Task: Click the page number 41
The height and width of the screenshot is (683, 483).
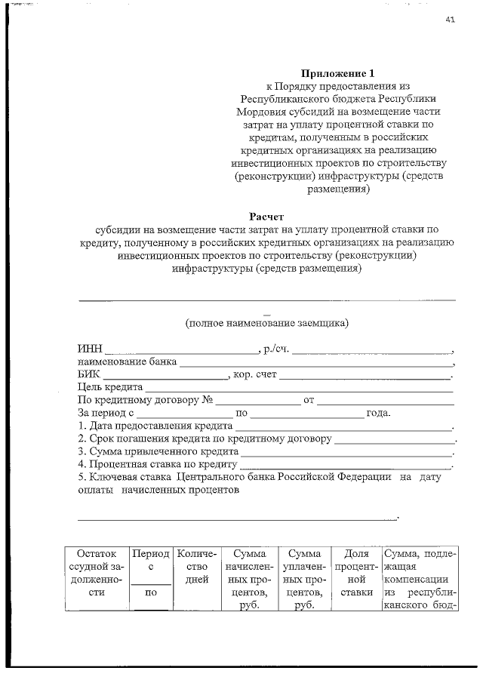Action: pyautogui.click(x=450, y=21)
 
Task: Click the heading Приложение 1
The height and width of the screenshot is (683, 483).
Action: pyautogui.click(x=337, y=74)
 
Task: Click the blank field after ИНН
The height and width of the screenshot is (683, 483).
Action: pyautogui.click(x=180, y=350)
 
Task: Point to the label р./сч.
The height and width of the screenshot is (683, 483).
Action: pyautogui.click(x=275, y=350)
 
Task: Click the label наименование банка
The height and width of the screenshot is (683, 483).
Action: pyautogui.click(x=127, y=362)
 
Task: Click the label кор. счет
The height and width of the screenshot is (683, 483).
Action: pyautogui.click(x=256, y=375)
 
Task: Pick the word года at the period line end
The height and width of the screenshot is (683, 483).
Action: pyautogui.click(x=378, y=414)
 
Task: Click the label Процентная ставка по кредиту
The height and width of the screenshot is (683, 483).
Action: pyautogui.click(x=158, y=464)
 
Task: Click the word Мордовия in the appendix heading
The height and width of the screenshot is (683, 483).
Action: pyautogui.click(x=259, y=112)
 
